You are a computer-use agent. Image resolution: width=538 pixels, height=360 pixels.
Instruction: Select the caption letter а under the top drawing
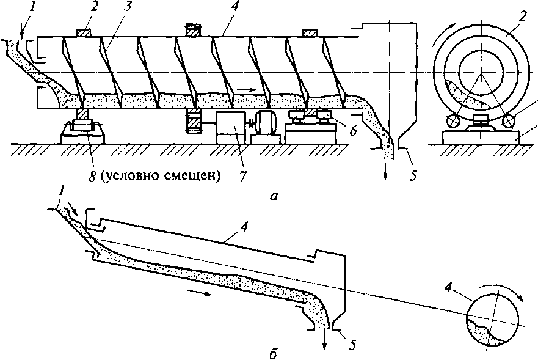click(274, 197)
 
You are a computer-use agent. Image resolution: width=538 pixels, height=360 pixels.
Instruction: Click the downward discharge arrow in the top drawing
click(385, 171)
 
